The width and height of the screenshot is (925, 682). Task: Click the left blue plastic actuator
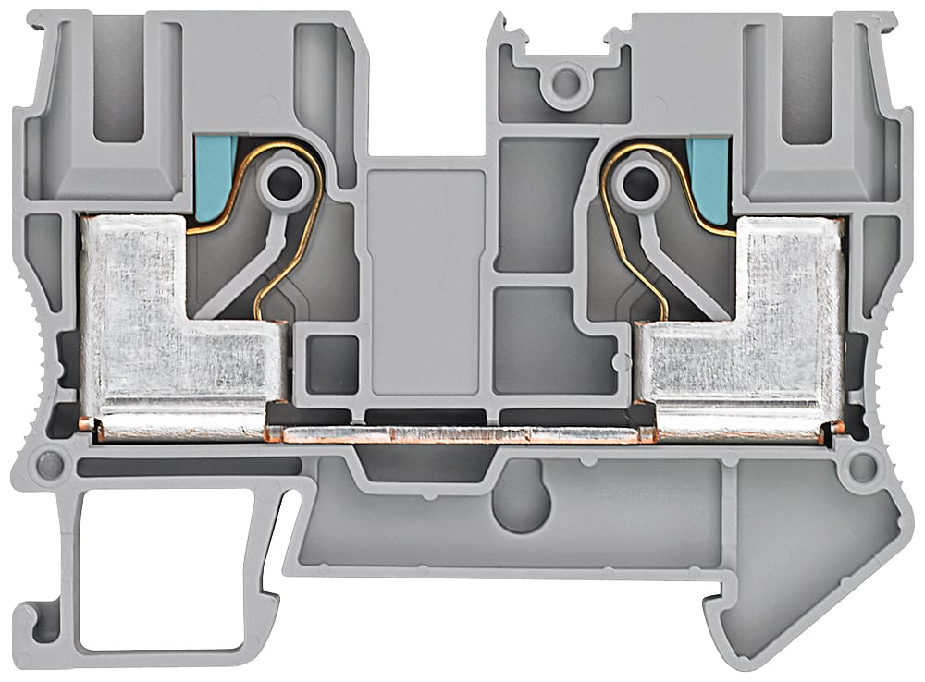(x=212, y=177)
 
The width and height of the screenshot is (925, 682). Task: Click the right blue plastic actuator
(x=710, y=179)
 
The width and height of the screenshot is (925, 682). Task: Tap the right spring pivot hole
(x=635, y=183)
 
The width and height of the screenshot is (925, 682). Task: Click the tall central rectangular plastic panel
(x=425, y=277)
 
